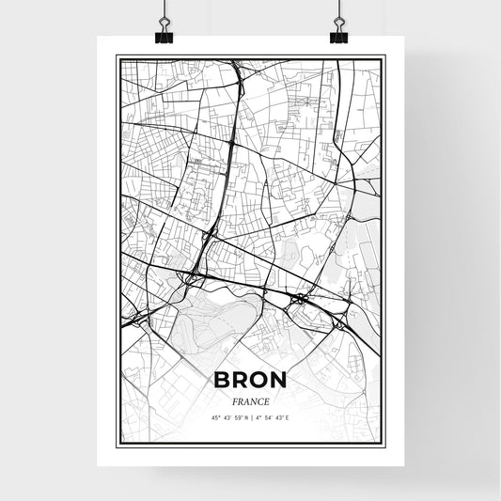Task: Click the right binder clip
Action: pyautogui.click(x=338, y=31)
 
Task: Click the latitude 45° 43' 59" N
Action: pyautogui.click(x=228, y=417)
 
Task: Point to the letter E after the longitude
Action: pyautogui.click(x=286, y=417)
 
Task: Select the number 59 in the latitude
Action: pyautogui.click(x=236, y=417)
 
